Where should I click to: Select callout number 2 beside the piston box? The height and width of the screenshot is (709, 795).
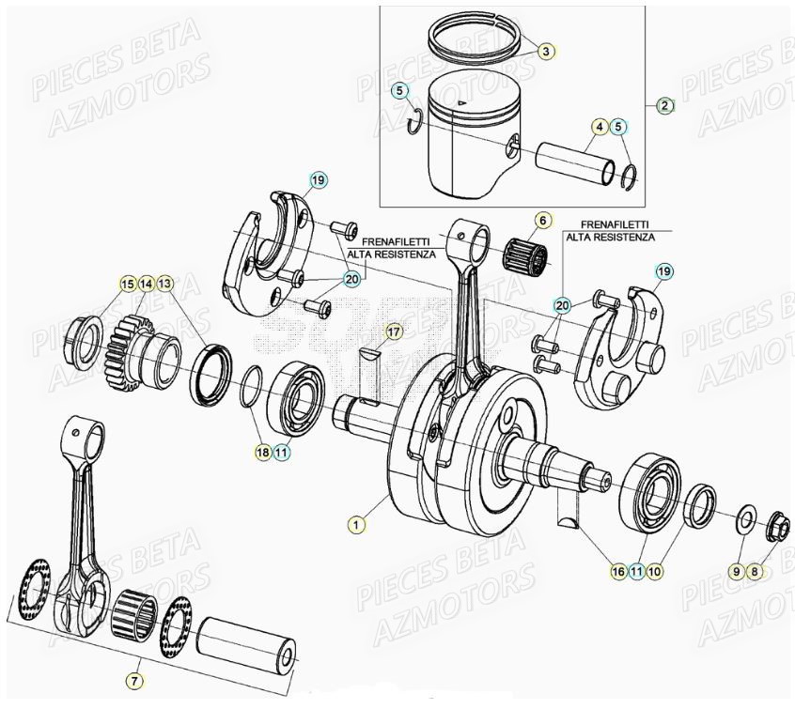click(x=664, y=105)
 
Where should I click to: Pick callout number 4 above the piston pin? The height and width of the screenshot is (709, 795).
click(x=599, y=126)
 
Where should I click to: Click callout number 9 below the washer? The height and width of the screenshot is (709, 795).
click(x=739, y=570)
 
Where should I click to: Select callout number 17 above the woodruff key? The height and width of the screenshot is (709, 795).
click(x=393, y=331)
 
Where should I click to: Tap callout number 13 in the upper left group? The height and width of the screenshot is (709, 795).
click(x=165, y=283)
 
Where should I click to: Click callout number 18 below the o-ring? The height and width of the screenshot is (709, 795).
click(x=262, y=452)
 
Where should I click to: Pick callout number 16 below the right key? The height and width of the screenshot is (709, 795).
click(x=617, y=570)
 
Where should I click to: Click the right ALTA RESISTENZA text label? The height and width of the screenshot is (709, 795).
click(x=610, y=238)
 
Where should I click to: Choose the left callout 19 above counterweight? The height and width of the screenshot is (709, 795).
click(x=318, y=178)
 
